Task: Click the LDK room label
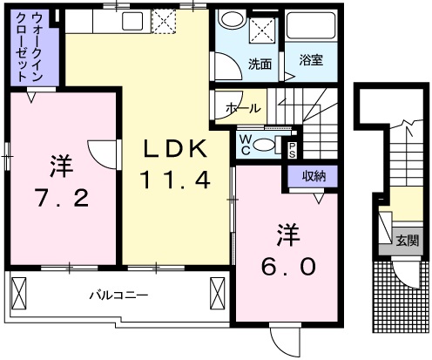(175, 150)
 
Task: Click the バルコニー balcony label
(118, 295)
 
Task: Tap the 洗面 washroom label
(260, 63)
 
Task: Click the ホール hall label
(241, 107)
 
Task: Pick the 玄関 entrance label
(406, 240)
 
